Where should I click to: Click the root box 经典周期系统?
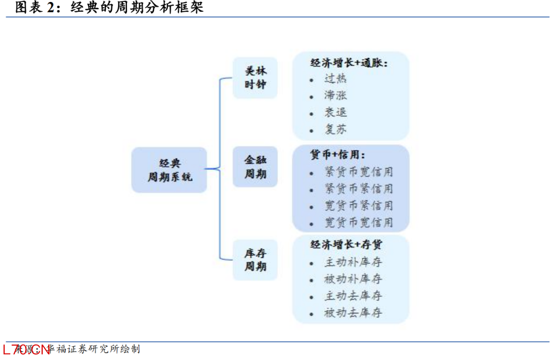(169, 170)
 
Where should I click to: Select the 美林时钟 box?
(255, 78)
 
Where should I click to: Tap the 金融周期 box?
(255, 167)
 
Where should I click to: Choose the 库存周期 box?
(255, 260)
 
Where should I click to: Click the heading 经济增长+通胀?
(349, 63)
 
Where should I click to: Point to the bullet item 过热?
(336, 79)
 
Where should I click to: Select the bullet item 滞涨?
(336, 96)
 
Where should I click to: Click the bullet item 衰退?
(336, 112)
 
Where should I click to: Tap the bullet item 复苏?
(336, 129)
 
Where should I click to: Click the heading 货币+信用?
(338, 155)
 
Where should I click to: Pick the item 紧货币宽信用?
(359, 172)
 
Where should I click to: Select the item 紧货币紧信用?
(359, 189)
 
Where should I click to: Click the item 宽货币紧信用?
(359, 206)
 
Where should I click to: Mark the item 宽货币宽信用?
(359, 223)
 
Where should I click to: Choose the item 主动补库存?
(353, 262)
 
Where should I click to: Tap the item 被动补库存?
(353, 279)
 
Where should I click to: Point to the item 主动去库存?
(353, 296)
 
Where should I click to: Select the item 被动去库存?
(353, 313)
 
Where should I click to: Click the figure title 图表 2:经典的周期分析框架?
(109, 7)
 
